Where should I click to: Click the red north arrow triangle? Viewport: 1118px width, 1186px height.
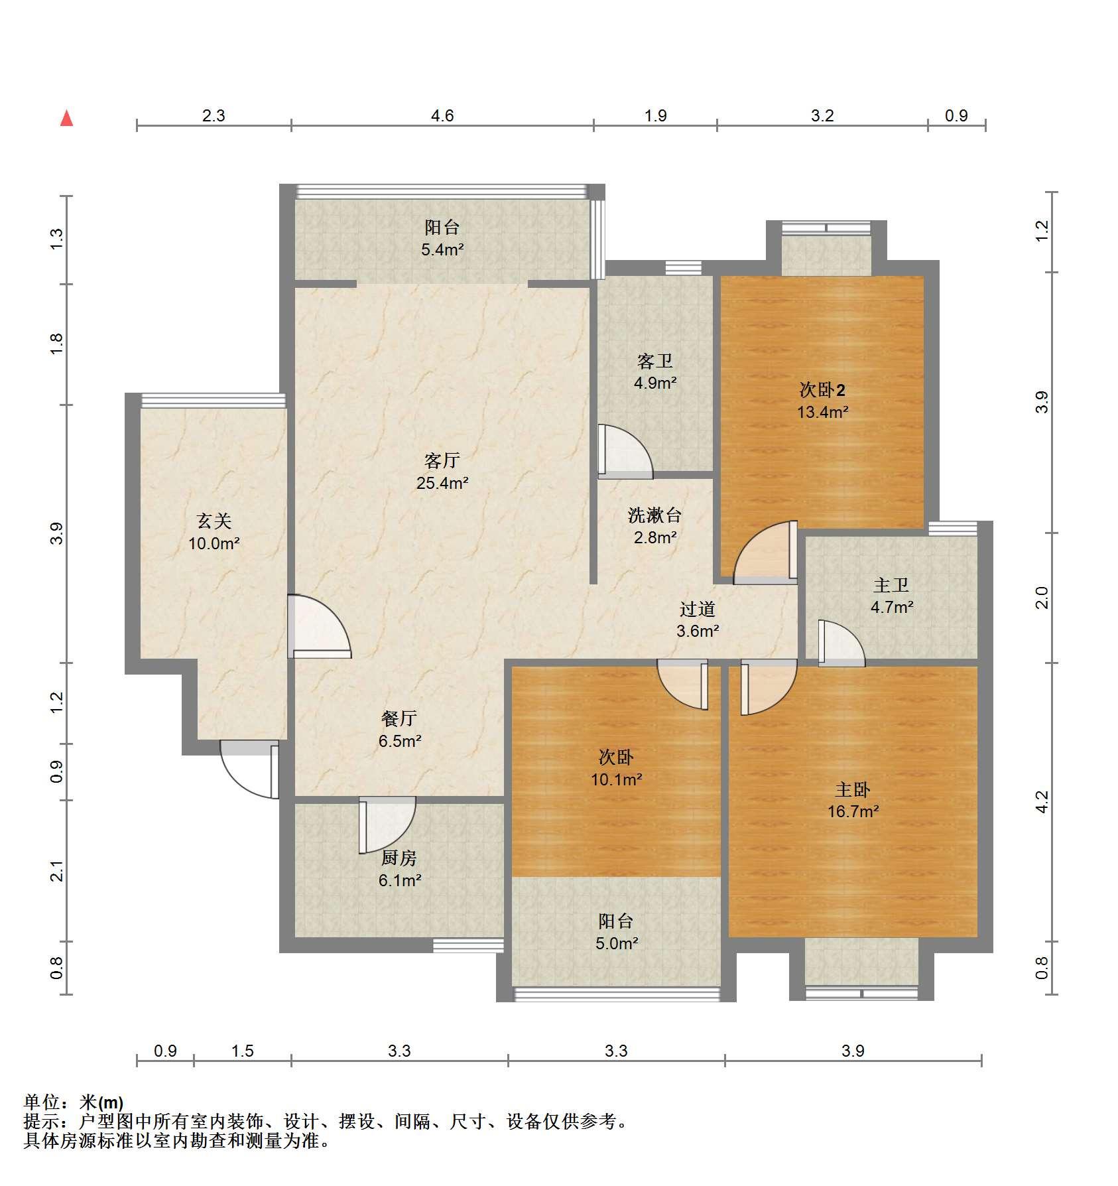point(66,118)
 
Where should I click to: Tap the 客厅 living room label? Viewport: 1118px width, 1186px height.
point(442,460)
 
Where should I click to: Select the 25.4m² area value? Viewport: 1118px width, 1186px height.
point(442,483)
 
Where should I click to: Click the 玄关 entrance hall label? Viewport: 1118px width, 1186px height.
point(214,521)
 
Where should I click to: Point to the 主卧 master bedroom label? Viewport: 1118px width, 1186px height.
point(853,789)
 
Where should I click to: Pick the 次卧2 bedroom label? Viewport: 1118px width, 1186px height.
point(822,390)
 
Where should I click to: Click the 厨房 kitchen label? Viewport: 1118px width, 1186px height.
point(399,858)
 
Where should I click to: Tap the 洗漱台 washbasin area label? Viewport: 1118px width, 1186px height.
point(655,515)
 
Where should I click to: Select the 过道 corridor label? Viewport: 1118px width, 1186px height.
point(698,609)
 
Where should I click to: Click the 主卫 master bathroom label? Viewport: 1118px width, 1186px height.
point(891,585)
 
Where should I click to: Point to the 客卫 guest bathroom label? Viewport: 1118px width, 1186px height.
point(655,361)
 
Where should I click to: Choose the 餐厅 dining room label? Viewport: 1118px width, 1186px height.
point(399,718)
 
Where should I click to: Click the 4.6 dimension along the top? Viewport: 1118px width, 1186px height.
point(442,116)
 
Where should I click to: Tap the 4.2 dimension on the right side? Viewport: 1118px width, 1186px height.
point(1042,801)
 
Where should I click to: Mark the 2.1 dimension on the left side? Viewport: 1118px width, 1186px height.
point(57,870)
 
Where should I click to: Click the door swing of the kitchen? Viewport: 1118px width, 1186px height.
point(388,824)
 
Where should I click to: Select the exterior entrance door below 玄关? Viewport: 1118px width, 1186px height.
point(249,769)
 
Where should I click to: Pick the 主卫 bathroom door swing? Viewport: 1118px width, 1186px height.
point(841,643)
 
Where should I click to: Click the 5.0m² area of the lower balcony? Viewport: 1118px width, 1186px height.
point(617,943)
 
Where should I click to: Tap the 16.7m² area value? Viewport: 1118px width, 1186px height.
point(853,811)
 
